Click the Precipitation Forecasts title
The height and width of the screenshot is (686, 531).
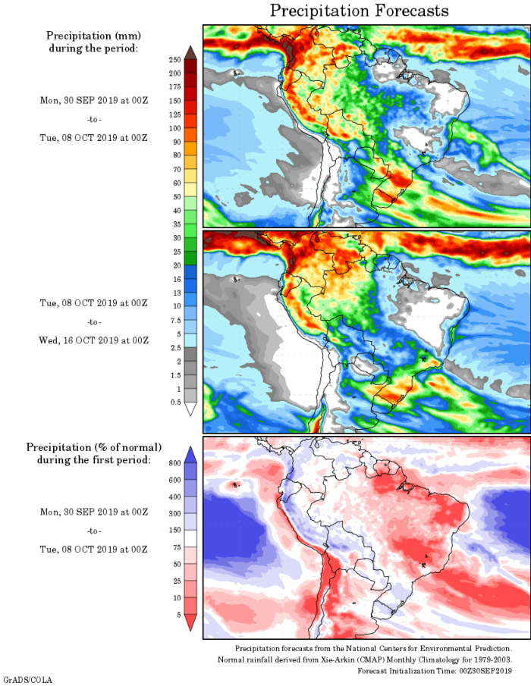click(x=359, y=11)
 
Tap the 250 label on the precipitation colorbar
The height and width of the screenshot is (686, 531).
click(x=174, y=59)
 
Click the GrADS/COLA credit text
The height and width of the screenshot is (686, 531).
click(x=28, y=680)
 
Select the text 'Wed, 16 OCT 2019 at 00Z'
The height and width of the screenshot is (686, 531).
click(x=94, y=340)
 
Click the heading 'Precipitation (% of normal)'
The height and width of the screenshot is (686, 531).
click(x=94, y=447)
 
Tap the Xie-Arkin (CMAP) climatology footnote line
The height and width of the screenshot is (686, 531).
click(x=374, y=659)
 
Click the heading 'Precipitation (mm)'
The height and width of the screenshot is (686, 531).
click(x=94, y=36)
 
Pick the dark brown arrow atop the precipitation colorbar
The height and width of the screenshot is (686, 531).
click(x=190, y=52)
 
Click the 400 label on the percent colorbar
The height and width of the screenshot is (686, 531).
click(x=174, y=496)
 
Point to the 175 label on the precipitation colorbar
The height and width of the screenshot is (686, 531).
click(x=174, y=86)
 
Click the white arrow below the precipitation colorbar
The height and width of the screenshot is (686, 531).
click(x=190, y=409)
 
